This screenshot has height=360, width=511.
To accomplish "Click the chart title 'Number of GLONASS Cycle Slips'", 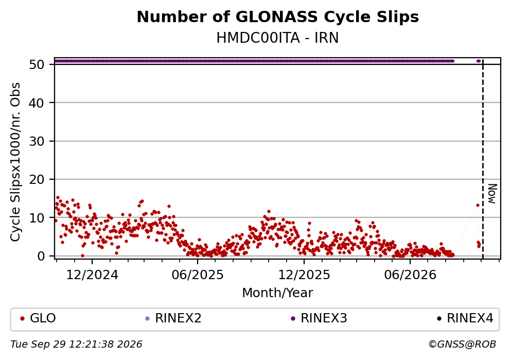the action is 278,17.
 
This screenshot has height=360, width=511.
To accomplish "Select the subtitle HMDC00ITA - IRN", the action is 278,38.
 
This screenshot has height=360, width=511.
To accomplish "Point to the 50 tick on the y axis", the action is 37,64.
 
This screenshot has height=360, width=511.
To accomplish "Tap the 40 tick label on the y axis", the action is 37,102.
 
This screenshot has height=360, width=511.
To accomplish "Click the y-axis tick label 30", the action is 37,141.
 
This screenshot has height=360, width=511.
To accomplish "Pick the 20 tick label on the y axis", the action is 37,179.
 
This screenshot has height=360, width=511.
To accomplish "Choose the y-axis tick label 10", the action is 37,217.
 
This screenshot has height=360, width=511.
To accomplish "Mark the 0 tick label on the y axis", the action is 41,256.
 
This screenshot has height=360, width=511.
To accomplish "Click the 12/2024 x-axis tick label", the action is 92,275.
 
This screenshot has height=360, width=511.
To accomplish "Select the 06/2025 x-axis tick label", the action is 198,275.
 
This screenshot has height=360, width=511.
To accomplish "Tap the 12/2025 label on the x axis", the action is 304,275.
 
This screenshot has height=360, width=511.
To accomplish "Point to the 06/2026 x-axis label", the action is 410,275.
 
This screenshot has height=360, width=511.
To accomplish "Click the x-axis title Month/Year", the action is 277,293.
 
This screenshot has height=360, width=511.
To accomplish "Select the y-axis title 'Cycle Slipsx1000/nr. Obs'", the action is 15,162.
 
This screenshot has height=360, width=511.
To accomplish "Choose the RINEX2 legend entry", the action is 173,318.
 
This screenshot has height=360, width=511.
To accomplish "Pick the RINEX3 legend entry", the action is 319,318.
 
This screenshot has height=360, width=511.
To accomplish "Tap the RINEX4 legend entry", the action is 465,318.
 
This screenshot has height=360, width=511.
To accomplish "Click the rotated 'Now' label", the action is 492,194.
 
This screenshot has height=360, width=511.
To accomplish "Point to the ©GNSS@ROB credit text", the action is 462,345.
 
